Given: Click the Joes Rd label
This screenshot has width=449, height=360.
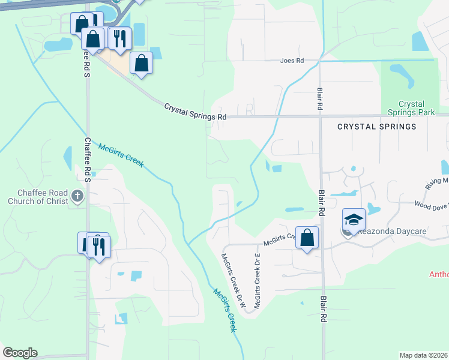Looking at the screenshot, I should pyautogui.click(x=292, y=61).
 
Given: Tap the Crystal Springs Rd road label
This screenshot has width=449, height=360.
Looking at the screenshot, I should pyautogui.click(x=196, y=112).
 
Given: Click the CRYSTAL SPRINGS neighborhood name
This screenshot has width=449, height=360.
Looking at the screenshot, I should pyautogui.click(x=376, y=127).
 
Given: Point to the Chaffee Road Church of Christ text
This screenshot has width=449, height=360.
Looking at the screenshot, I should pyautogui.click(x=38, y=197).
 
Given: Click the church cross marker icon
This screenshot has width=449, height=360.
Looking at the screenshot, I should pyautogui.click(x=77, y=195).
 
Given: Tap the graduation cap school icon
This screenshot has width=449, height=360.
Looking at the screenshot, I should pyautogui.click(x=354, y=218).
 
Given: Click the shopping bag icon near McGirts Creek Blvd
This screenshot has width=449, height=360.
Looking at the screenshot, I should pyautogui.click(x=307, y=238).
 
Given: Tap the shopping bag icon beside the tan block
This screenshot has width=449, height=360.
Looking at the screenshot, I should pyautogui.click(x=141, y=62).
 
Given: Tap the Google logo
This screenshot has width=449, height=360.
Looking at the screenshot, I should pyautogui.click(x=20, y=353).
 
